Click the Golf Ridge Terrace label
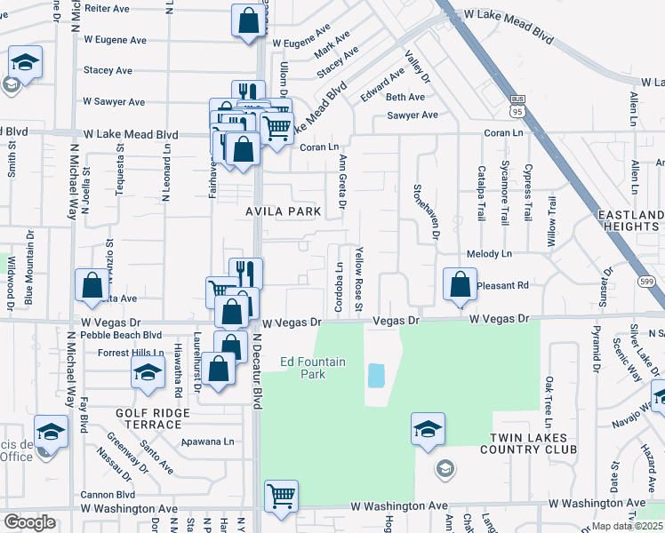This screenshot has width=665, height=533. click(152, 418)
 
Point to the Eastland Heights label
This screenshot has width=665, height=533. click(630, 221)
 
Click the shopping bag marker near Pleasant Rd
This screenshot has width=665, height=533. click(460, 285)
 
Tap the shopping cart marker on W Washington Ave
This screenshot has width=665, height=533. click(281, 495)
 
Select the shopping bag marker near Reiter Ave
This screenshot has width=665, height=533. click(248, 20)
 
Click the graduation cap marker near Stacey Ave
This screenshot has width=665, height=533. click(25, 63)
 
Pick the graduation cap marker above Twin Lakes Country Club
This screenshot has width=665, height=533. click(428, 429)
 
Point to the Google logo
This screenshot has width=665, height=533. click(29, 522)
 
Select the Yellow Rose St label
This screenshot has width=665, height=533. click(359, 278)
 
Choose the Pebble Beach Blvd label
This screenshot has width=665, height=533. click(121, 336)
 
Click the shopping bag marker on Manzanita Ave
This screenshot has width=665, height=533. click(92, 285)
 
